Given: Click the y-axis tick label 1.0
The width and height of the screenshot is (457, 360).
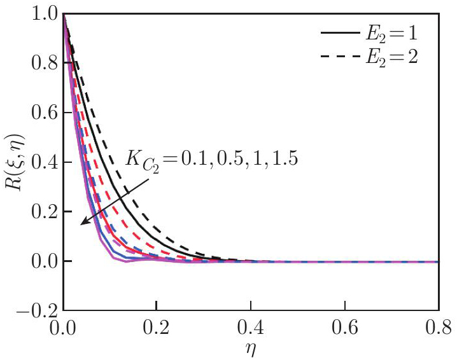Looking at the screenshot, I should coord(41,14).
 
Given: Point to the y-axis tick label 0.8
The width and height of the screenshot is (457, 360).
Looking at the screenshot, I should coord(41,64).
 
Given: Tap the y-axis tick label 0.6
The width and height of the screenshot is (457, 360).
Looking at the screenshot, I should coord(41,113).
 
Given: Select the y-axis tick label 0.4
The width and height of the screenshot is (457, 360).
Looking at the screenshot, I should coord(41,163).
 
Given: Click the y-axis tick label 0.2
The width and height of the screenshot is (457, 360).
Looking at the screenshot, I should coord(41,212).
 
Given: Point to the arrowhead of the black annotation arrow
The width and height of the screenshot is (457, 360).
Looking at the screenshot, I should coord(82,223).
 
